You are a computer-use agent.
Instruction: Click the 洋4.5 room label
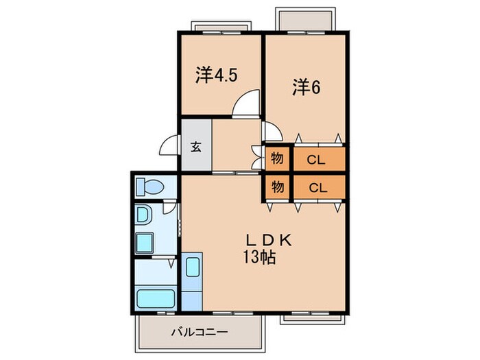216,75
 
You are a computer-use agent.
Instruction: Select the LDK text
270,241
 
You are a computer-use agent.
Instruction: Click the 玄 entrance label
196,146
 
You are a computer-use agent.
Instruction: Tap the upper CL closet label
315,160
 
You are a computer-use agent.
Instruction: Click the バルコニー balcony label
199,333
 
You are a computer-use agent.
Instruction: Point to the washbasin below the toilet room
144,215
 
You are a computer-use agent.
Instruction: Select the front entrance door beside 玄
169,146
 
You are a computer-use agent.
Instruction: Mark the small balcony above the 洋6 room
306,20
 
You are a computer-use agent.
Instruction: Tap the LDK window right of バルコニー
305,316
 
